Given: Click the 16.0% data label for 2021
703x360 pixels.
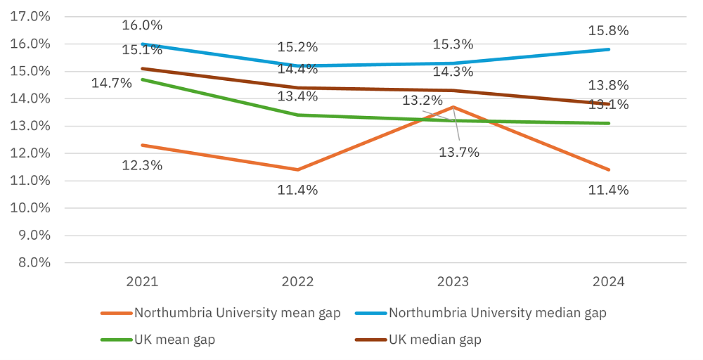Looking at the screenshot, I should (143, 25).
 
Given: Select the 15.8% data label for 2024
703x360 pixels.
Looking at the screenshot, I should (609, 31).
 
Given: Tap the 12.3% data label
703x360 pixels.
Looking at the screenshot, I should (143, 166).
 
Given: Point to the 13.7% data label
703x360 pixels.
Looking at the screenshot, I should (459, 152).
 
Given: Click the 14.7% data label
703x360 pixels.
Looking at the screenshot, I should (112, 83).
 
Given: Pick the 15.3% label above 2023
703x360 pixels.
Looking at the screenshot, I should (453, 44).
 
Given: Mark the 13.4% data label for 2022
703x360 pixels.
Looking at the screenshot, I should (297, 96).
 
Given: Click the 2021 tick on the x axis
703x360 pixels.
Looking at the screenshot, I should (143, 282).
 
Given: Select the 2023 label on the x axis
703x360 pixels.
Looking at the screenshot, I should (453, 282).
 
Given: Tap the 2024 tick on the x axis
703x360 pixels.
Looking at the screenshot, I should (609, 282).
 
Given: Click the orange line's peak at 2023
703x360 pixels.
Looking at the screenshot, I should (453, 107).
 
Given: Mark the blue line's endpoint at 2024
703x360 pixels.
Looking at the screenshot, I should (609, 49).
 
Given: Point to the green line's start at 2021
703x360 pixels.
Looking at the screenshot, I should (143, 79).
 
